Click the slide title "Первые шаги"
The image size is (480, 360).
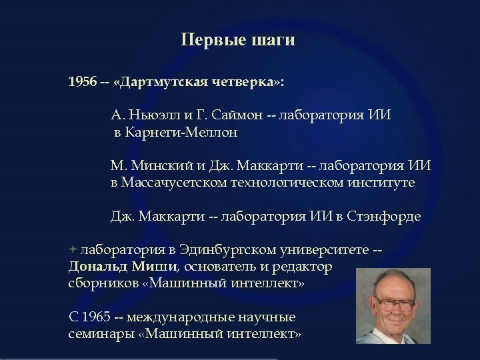point(237,41)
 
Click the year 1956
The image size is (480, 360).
point(82,83)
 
